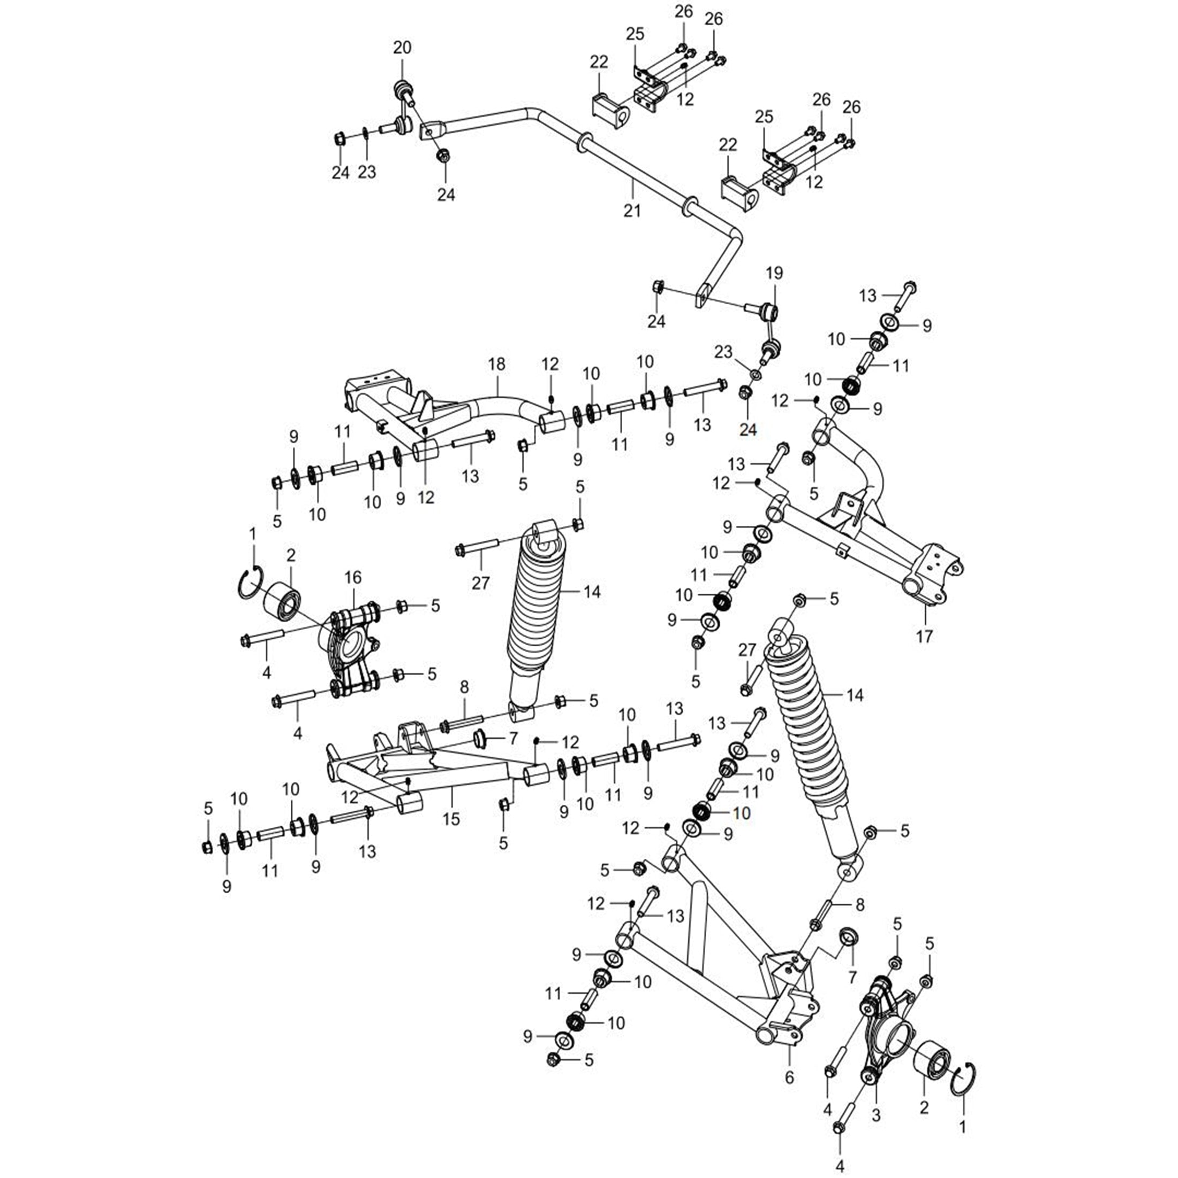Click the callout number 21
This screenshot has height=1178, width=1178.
[x=632, y=210]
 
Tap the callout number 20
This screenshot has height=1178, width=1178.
[x=403, y=48]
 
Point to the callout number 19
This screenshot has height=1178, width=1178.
[x=774, y=273]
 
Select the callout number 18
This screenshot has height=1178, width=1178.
[x=497, y=364]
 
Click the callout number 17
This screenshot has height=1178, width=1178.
[x=924, y=637]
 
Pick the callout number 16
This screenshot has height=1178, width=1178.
[x=353, y=577]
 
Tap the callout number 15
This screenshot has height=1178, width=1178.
[x=451, y=819]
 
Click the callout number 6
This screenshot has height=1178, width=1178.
[x=790, y=1078]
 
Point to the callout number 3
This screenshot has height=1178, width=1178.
[x=876, y=1116]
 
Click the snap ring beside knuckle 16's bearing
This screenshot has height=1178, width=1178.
[x=250, y=584]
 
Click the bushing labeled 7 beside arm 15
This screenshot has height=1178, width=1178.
[x=482, y=739]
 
